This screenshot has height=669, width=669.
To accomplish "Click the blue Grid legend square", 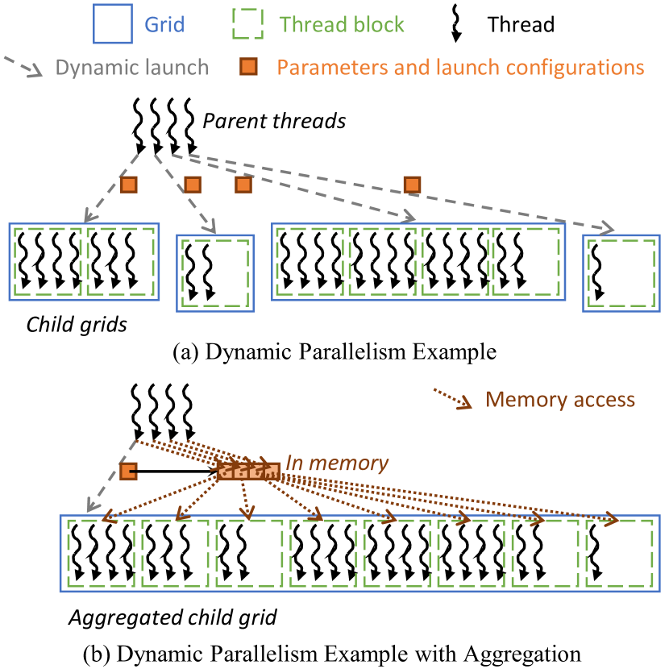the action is pyautogui.click(x=113, y=24).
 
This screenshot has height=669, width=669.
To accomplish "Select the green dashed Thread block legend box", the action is pyautogui.click(x=248, y=24).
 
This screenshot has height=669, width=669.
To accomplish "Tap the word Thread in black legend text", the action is pyautogui.click(x=521, y=24).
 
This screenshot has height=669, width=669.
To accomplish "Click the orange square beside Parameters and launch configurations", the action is pyautogui.click(x=248, y=67).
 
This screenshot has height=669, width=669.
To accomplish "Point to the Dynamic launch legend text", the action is pyautogui.click(x=132, y=68).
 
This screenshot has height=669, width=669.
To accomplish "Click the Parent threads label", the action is pyautogui.click(x=274, y=121).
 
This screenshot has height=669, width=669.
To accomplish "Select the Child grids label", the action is pyautogui.click(x=77, y=325).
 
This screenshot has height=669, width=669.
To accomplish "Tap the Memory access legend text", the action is pyautogui.click(x=560, y=400).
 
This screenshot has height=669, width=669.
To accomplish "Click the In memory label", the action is pyautogui.click(x=337, y=463).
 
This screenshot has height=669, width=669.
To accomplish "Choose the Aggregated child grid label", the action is pyautogui.click(x=172, y=617).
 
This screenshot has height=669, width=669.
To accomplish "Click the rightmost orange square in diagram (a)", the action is pyautogui.click(x=412, y=185).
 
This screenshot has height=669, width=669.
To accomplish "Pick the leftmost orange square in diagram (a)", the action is pyautogui.click(x=128, y=185).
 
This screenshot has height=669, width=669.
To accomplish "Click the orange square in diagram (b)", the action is pyautogui.click(x=128, y=472).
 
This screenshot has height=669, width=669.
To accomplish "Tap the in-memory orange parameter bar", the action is pyautogui.click(x=249, y=472).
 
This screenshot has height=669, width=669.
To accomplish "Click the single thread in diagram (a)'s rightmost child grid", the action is pyautogui.click(x=598, y=272).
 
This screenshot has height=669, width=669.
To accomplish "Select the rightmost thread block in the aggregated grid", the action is pyautogui.click(x=620, y=554).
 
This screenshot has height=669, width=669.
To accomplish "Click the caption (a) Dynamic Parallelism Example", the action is pyautogui.click(x=334, y=352).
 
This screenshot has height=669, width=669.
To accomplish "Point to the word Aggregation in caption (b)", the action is pyautogui.click(x=522, y=654).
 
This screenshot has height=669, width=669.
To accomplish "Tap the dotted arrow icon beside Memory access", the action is pyautogui.click(x=453, y=399).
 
